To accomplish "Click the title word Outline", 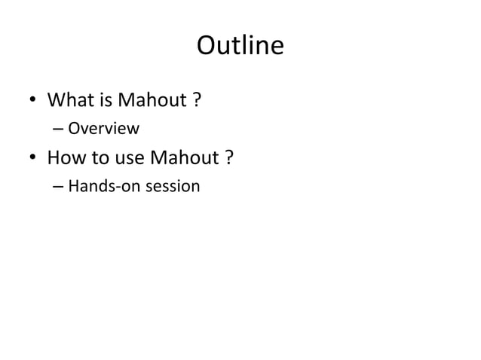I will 240,47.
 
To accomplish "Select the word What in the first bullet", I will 68,100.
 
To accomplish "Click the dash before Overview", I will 58,129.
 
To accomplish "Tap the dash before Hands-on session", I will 58,185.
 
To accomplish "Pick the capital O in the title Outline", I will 207,47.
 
